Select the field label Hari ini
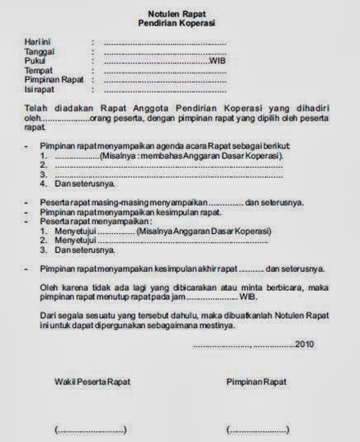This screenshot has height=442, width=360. coord(38,40)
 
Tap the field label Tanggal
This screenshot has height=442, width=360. coord(40,51)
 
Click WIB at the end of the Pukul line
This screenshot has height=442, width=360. coord(216,60)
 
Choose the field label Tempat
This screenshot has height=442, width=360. coord(39,70)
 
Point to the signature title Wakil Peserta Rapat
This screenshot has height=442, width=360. coord(92,382)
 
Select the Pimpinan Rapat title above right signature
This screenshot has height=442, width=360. coord(256,382)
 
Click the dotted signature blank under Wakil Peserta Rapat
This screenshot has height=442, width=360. coord(91,430)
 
